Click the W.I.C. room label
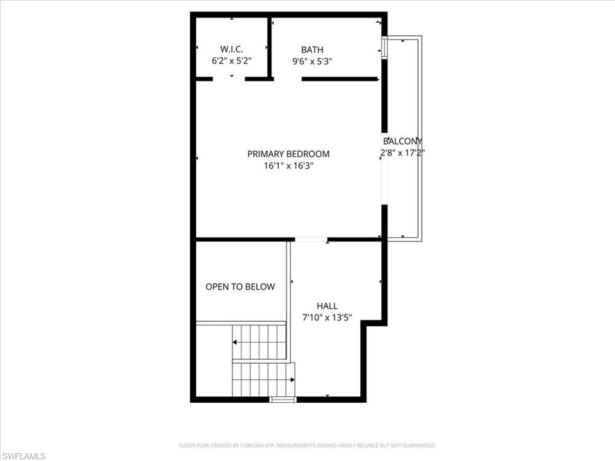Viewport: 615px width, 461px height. coord(231,49)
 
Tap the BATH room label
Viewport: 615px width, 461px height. coord(312,49)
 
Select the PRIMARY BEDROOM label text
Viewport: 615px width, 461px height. coord(288,154)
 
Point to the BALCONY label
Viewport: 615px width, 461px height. coord(402,141)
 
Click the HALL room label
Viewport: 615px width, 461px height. coord(327,306)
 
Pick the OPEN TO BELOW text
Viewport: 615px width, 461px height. coord(240,287)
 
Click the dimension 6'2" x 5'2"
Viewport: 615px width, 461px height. coord(231,61)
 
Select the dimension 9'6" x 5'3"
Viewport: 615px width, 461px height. coord(312,61)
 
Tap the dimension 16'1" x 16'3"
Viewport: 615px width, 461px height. coord(288,165)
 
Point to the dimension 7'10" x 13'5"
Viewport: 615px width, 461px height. coord(327,317)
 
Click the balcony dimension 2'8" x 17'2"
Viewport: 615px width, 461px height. coord(402,152)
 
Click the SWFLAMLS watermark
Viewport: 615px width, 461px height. coord(23,456)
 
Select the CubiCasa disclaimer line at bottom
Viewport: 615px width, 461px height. coord(307,445)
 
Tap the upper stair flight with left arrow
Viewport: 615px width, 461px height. coord(259,342)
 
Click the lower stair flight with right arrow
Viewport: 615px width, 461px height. coord(263,379)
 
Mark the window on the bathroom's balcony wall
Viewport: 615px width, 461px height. coord(384,48)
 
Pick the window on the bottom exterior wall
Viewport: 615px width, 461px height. coord(283,399)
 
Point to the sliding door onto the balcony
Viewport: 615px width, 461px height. coord(384,180)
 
